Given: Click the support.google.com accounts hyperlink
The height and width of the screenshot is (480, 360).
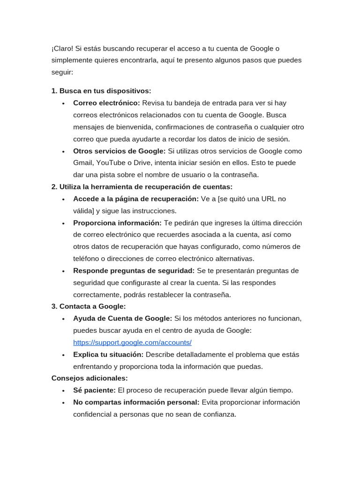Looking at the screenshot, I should (132, 343).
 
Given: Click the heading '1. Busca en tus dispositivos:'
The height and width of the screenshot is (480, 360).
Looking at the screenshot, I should (101, 91).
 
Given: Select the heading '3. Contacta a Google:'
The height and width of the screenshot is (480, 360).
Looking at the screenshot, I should (89, 307).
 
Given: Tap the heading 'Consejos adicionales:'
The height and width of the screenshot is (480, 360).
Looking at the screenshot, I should (90, 378).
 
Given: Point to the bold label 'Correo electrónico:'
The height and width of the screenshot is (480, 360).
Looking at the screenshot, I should (106, 103).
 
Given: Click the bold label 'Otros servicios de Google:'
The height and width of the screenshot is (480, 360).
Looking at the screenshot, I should (120, 151).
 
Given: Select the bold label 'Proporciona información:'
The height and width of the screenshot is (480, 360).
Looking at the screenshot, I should (117, 223).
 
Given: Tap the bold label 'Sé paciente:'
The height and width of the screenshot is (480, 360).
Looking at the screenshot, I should (94, 390).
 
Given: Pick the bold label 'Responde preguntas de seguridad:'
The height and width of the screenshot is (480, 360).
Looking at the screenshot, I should (134, 271).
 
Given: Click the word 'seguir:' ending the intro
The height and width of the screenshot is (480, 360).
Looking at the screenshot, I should (62, 73).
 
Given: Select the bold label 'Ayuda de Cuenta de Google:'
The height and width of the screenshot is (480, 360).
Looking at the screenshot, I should (123, 319).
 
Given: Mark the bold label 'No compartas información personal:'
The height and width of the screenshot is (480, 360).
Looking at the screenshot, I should (136, 402).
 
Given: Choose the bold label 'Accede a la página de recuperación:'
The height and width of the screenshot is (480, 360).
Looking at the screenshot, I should (136, 199).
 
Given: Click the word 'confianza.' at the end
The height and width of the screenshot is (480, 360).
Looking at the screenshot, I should (220, 414).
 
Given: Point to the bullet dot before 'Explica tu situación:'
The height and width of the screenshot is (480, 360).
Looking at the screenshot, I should (63, 355).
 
